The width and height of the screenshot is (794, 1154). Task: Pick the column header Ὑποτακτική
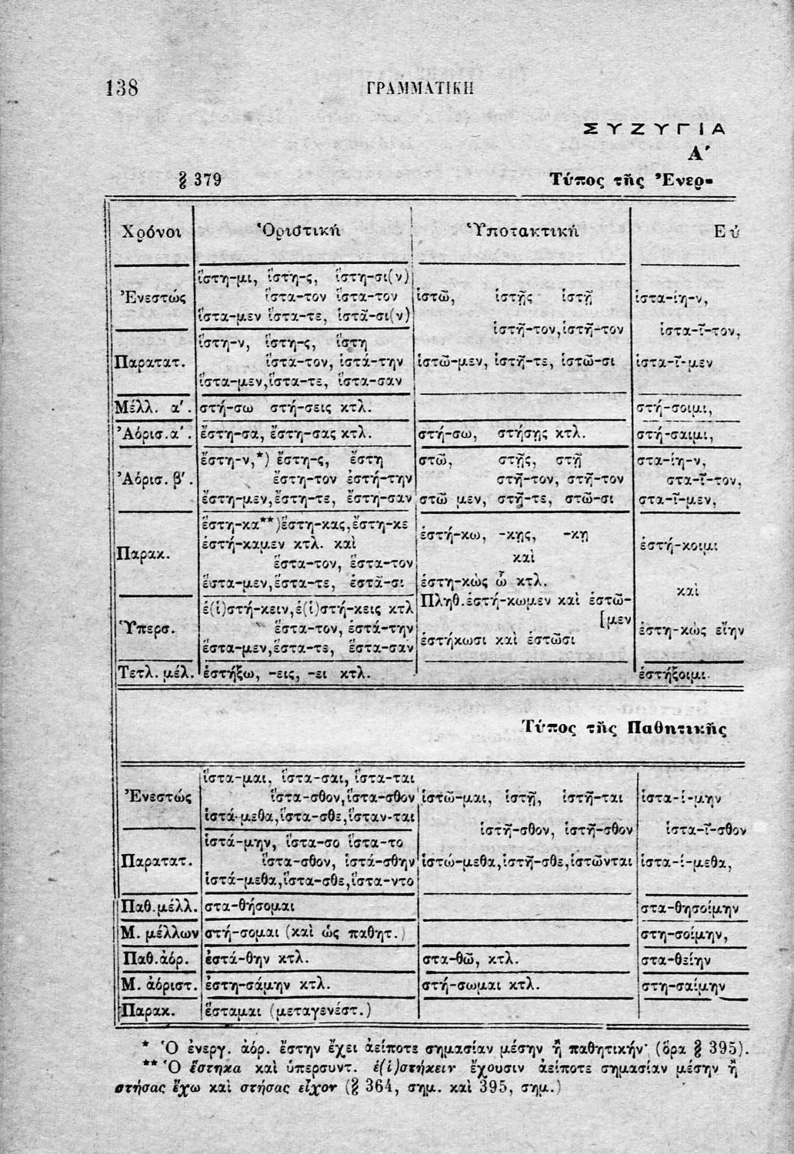[x=522, y=230]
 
